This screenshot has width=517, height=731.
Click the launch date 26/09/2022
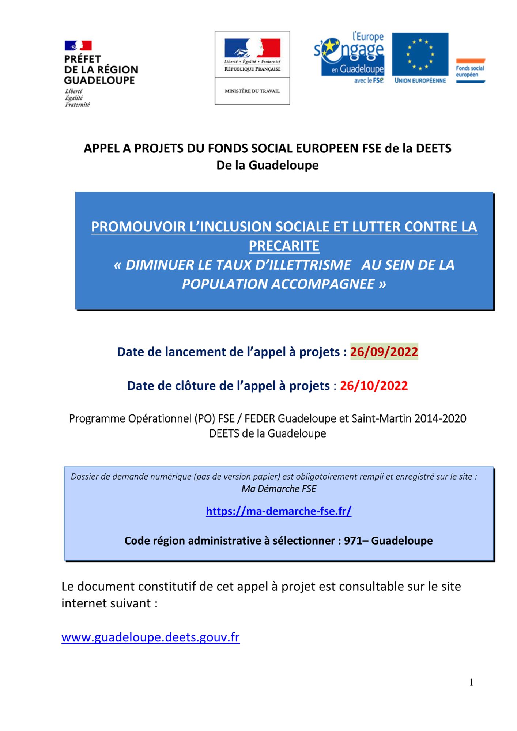click(384, 352)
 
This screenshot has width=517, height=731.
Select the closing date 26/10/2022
click(374, 386)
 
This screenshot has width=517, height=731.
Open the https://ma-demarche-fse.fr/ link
click(279, 511)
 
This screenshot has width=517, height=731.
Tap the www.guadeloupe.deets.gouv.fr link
click(150, 637)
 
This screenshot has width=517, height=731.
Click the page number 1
click(471, 682)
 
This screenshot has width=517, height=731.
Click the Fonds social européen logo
click(470, 71)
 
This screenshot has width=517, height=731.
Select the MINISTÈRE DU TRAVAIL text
click(252, 91)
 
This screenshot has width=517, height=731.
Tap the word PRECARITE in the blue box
click(284, 246)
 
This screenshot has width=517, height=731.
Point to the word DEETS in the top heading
click(434, 148)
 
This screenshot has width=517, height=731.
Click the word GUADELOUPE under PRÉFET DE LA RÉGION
click(99, 80)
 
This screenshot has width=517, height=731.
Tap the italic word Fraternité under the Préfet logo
click(77, 105)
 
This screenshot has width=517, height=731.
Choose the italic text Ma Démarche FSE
click(279, 489)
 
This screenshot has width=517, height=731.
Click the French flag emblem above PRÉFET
click(78, 45)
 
